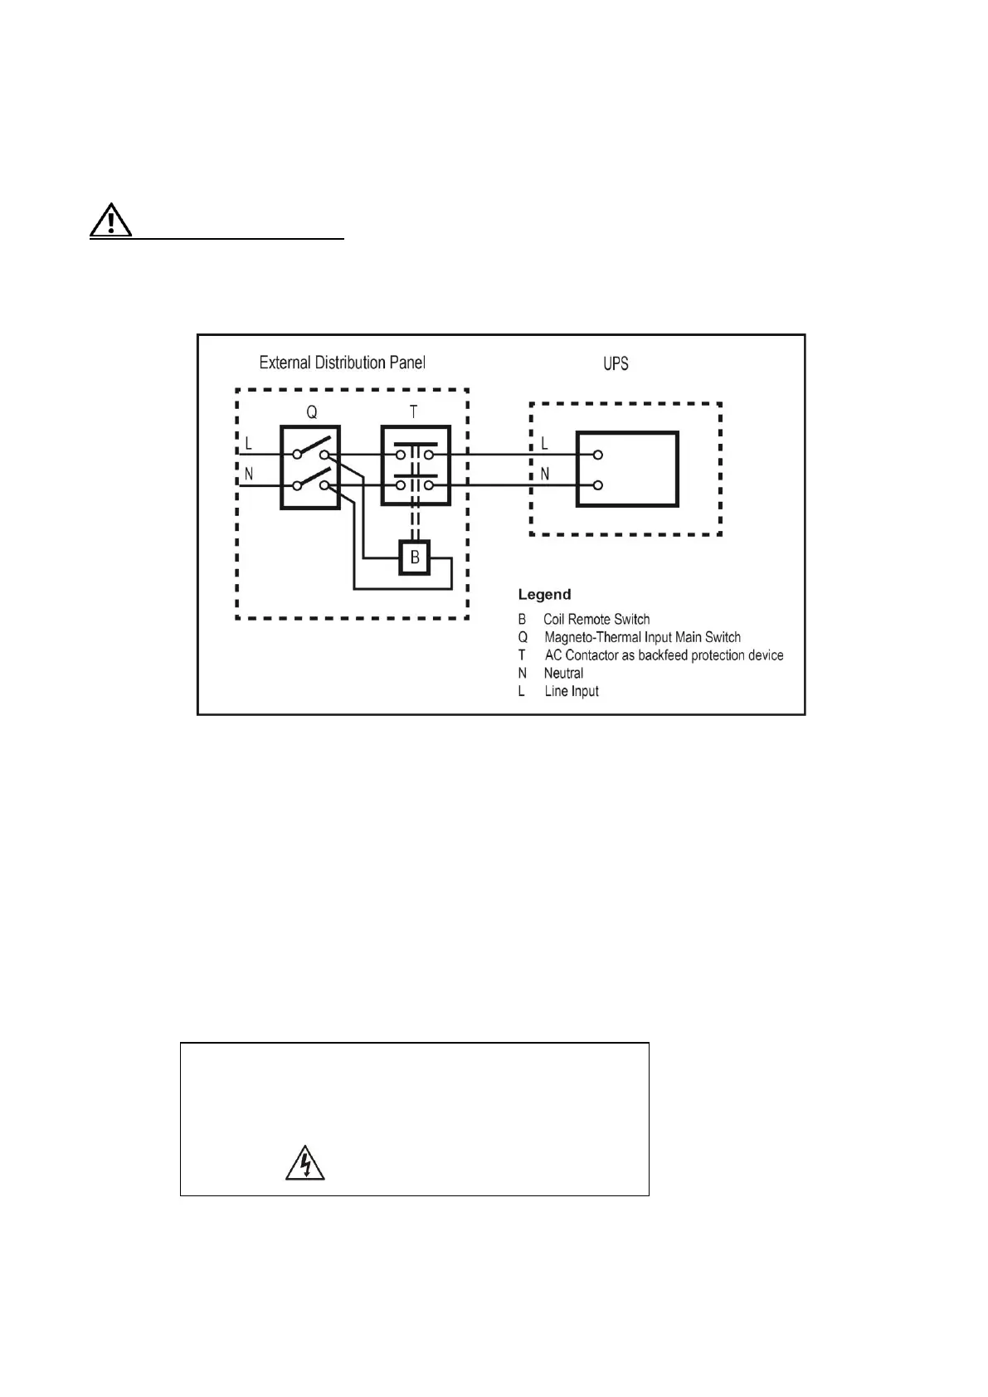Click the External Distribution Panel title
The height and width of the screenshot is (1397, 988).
[342, 363]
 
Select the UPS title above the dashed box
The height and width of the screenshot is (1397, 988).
[616, 363]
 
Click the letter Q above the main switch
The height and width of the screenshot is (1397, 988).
[311, 412]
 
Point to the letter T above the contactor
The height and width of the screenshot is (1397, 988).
[413, 412]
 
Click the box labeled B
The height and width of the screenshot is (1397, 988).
[415, 557]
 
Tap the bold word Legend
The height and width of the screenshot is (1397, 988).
[544, 594]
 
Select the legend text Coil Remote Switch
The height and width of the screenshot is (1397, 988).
[596, 619]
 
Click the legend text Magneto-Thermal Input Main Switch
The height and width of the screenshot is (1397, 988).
[642, 637]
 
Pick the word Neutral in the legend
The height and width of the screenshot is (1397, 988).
[563, 673]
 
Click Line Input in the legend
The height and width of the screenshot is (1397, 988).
[572, 691]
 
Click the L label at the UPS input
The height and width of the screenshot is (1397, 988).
[544, 444]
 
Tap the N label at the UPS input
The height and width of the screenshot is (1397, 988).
[545, 474]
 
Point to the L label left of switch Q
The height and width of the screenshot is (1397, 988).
[248, 444]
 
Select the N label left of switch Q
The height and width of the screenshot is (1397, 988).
[248, 475]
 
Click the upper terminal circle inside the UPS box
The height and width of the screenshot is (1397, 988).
[597, 455]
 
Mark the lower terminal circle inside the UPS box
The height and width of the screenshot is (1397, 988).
[597, 485]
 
